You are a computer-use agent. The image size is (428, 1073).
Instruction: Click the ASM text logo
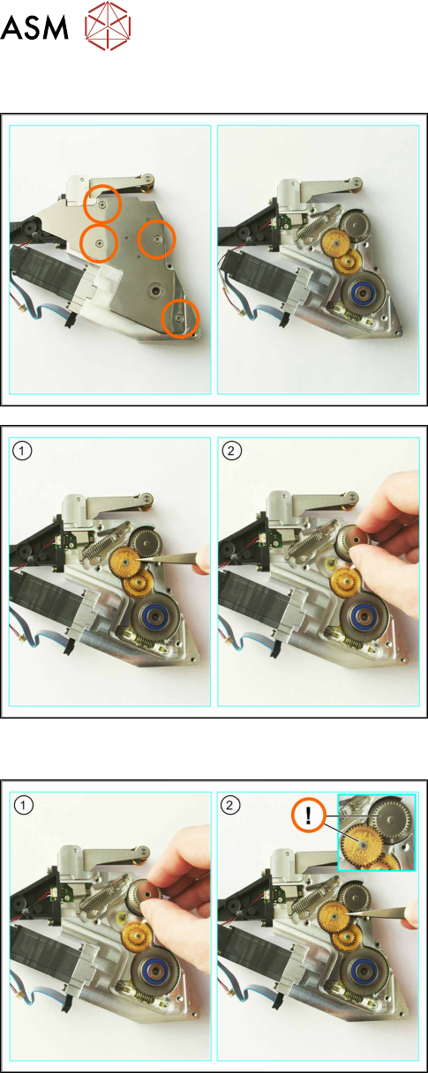click(34, 28)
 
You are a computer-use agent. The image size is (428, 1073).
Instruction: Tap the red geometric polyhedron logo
click(108, 26)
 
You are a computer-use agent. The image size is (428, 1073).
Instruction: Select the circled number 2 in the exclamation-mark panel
click(229, 805)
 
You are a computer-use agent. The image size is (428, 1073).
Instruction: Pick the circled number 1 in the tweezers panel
click(22, 451)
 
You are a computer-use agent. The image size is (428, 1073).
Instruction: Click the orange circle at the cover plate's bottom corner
click(180, 317)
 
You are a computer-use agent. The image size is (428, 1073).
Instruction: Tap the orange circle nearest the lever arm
click(102, 204)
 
